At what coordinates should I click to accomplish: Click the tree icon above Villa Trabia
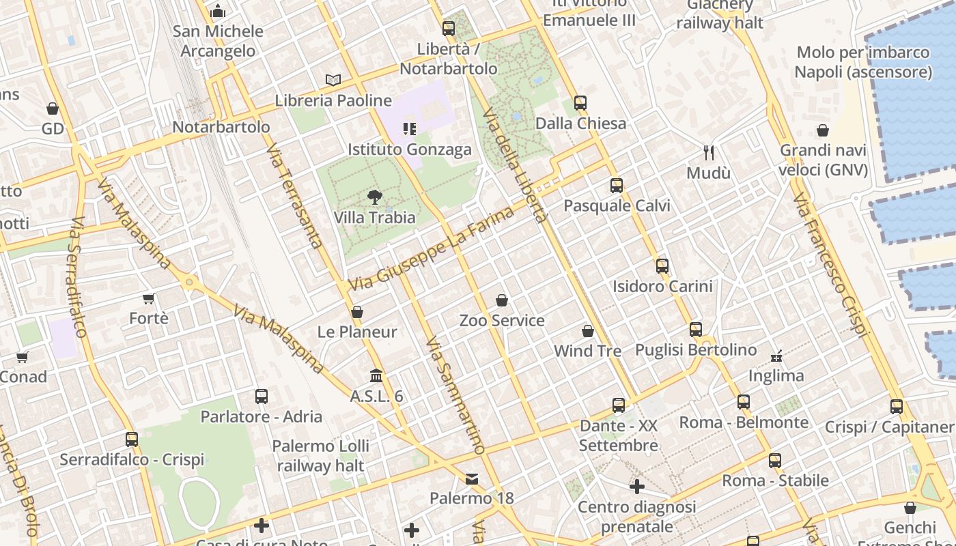[x=374, y=198]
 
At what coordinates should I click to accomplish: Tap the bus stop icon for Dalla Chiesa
[x=580, y=103]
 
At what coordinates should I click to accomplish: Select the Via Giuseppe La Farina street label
[x=432, y=248]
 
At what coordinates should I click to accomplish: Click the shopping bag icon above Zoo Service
[x=502, y=300]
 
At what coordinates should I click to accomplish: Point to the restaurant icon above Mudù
[x=709, y=153]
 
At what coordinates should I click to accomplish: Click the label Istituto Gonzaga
[x=410, y=149]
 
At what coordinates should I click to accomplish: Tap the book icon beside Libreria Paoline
[x=333, y=81]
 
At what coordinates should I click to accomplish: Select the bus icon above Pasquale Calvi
[x=617, y=186]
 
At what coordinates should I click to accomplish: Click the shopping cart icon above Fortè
[x=149, y=298]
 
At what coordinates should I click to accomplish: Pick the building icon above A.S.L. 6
[x=376, y=376]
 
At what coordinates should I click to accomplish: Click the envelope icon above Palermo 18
[x=472, y=478]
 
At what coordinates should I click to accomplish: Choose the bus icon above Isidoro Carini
[x=662, y=266]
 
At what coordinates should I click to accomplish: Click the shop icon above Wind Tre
[x=588, y=331]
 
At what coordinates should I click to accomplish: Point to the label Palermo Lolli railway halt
[x=320, y=456]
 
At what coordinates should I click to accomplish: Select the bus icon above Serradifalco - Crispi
[x=132, y=440]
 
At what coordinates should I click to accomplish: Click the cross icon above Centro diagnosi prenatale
[x=636, y=487]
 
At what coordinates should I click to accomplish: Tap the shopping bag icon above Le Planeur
[x=357, y=312]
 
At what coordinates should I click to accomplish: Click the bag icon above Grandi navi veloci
[x=823, y=130]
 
